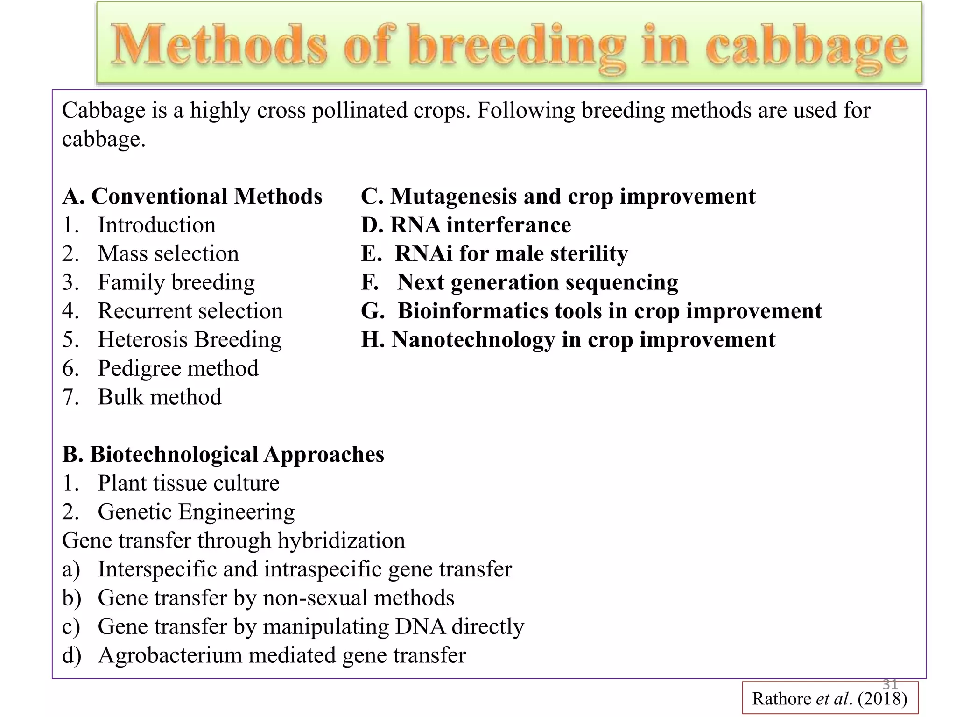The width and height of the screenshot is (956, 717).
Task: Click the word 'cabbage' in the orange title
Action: [806, 47]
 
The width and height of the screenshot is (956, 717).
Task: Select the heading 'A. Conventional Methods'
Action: [192, 196]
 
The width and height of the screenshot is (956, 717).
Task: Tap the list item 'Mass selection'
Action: [168, 254]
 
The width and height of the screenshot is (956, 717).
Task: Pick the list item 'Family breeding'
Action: [176, 283]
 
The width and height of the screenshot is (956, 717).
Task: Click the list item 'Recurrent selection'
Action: [190, 311]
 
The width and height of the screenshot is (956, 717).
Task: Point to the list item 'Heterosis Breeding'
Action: [190, 340]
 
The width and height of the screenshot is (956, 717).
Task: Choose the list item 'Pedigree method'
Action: [178, 369]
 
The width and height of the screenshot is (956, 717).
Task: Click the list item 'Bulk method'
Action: [160, 397]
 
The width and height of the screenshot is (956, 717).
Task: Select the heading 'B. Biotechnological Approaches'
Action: [223, 455]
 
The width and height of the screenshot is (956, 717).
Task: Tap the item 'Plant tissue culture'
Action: [188, 483]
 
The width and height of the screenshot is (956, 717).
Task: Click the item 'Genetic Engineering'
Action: [196, 512]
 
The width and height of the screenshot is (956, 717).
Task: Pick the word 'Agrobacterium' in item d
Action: [170, 655]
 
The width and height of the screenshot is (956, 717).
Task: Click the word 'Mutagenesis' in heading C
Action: [453, 197]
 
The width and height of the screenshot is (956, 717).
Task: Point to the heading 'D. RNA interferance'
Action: [466, 225]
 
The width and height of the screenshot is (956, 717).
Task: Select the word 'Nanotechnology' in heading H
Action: [472, 340]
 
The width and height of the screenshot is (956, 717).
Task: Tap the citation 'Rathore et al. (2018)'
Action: [829, 699]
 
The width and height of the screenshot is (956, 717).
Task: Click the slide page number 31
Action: [890, 684]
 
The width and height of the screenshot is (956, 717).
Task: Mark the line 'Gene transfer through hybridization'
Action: [233, 541]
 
